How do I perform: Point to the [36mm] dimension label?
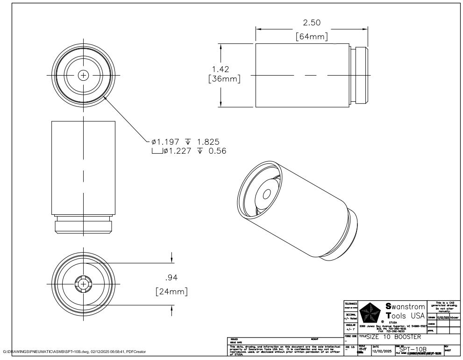coord(224,79)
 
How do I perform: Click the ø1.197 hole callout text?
coord(166,141)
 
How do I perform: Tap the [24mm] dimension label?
coord(171,292)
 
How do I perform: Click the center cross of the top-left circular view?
coord(83,75)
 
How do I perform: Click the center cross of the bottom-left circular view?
coord(83,283)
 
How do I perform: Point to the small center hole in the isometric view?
coord(268,194)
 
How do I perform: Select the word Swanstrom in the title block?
coord(406,307)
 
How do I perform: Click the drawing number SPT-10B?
coord(413,349)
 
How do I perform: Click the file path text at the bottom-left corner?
coord(75,351)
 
